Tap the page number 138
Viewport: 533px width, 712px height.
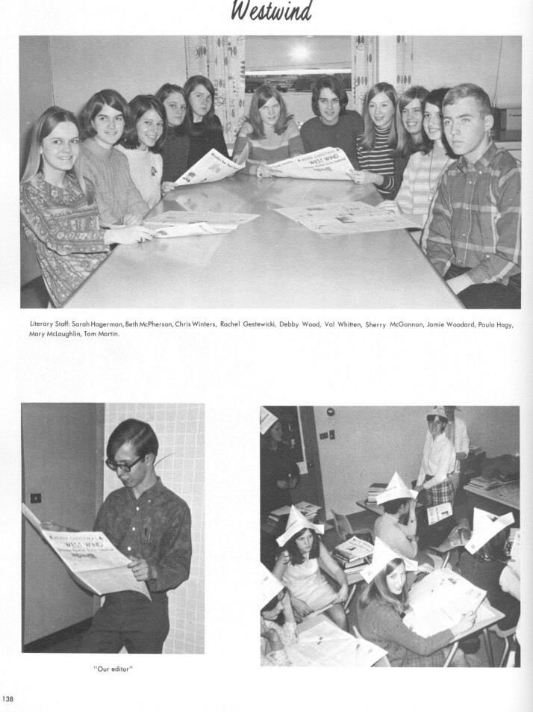[9, 699]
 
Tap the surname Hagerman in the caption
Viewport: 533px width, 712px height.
[113, 324]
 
